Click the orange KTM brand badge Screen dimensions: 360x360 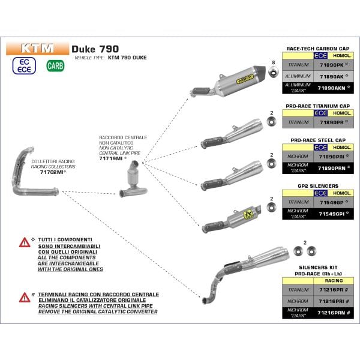pos(38,48)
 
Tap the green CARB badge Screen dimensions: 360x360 pos(55,65)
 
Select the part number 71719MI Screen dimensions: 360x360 pos(112,150)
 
